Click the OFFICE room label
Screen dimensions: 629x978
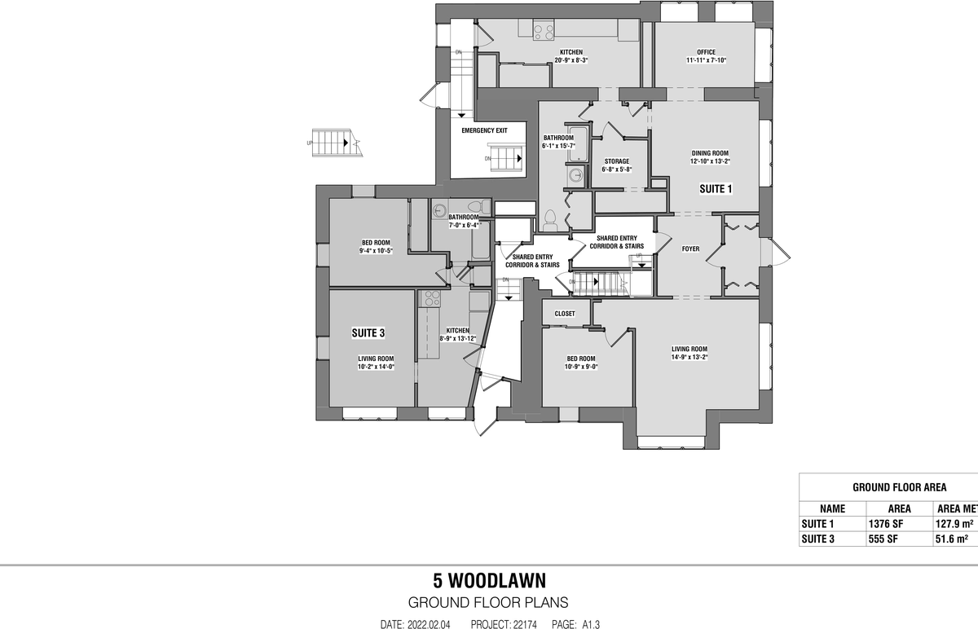click(x=700, y=52)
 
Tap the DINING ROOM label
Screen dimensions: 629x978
click(x=710, y=153)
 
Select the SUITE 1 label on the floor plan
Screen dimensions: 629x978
click(x=716, y=189)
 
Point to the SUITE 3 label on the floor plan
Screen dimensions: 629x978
click(x=368, y=332)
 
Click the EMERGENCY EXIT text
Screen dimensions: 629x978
click(x=484, y=130)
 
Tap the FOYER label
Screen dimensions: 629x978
click(x=690, y=249)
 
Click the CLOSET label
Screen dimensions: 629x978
click(x=565, y=314)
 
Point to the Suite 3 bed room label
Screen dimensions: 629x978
click(x=376, y=242)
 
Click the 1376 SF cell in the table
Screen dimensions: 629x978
click(x=887, y=524)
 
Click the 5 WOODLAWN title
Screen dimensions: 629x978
click(x=489, y=581)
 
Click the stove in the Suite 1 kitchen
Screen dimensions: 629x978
click(x=544, y=32)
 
